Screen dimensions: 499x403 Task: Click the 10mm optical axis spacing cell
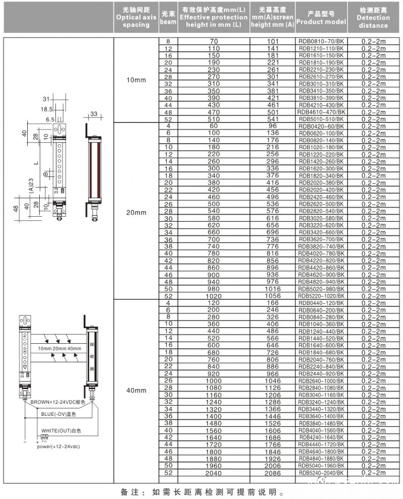[136, 80]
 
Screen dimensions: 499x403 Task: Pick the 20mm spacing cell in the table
[136, 212]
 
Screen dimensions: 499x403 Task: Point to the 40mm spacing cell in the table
[136, 390]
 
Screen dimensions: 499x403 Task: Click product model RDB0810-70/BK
[321, 41]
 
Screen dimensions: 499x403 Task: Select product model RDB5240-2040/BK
[321, 473]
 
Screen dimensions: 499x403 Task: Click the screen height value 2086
[273, 473]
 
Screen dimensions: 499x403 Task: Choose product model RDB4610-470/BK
[321, 112]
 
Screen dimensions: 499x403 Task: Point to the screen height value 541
[273, 119]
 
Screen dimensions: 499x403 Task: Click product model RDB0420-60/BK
[321, 126]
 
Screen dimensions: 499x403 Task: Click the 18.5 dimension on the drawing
[47, 109]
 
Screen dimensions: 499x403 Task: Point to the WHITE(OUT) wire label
[61, 430]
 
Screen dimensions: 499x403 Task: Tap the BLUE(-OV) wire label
[59, 414]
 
